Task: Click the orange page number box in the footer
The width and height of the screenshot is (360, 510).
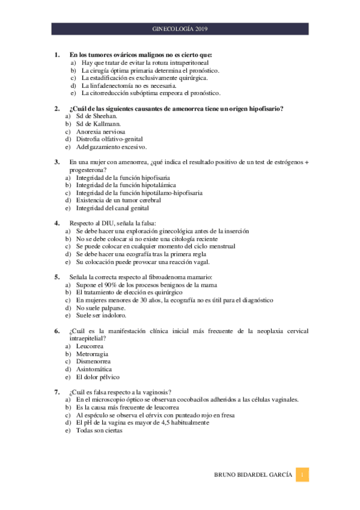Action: pyautogui.click(x=304, y=475)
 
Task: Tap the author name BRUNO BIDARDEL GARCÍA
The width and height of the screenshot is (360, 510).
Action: pyautogui.click(x=253, y=475)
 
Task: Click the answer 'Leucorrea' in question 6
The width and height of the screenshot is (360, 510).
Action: pyautogui.click(x=90, y=346)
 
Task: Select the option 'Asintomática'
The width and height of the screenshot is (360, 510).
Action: pyautogui.click(x=94, y=369)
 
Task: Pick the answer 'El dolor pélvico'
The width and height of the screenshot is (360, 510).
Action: pyautogui.click(x=97, y=377)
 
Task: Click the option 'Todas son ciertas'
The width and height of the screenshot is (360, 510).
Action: pyautogui.click(x=99, y=431)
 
